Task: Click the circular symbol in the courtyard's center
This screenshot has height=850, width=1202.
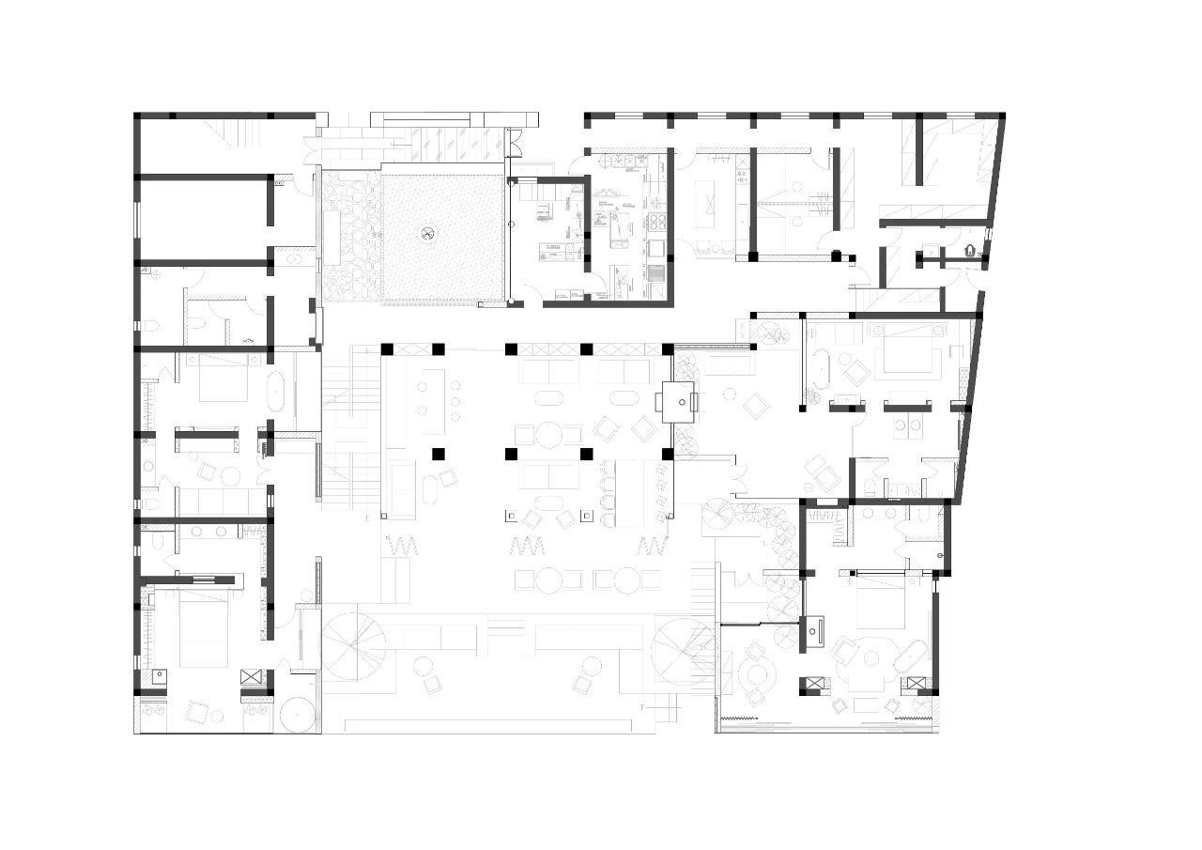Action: coord(429,233)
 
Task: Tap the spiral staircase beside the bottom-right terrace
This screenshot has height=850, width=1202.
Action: coord(685,650)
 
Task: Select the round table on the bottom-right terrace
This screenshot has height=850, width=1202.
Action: coord(759,673)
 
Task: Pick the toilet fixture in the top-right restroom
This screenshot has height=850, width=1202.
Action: coord(971,251)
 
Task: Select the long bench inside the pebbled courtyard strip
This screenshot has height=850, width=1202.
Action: coord(331,238)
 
